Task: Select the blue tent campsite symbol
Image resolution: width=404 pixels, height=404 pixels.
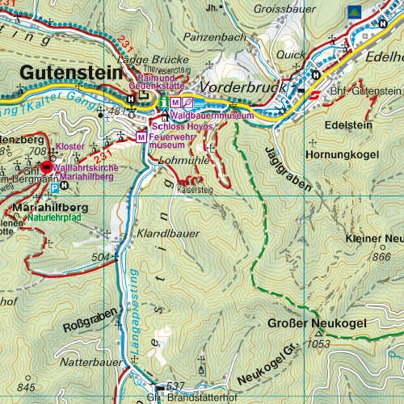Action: pyautogui.click(x=352, y=11)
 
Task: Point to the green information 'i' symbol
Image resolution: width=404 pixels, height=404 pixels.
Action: pyautogui.click(x=162, y=102)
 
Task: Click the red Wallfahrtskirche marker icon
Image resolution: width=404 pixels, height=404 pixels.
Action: pyautogui.click(x=46, y=166)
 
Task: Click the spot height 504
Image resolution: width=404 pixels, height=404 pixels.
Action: pyautogui.click(x=100, y=257)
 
